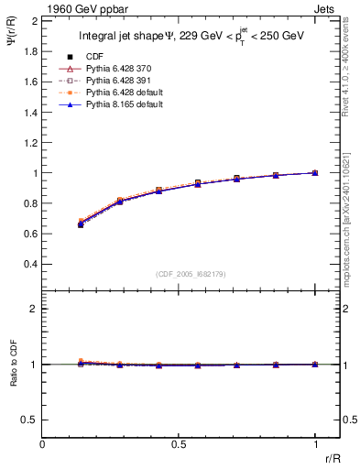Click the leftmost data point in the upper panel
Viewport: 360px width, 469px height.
pyautogui.click(x=81, y=224)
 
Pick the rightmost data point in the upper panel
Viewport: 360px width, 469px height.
pyautogui.click(x=315, y=172)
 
